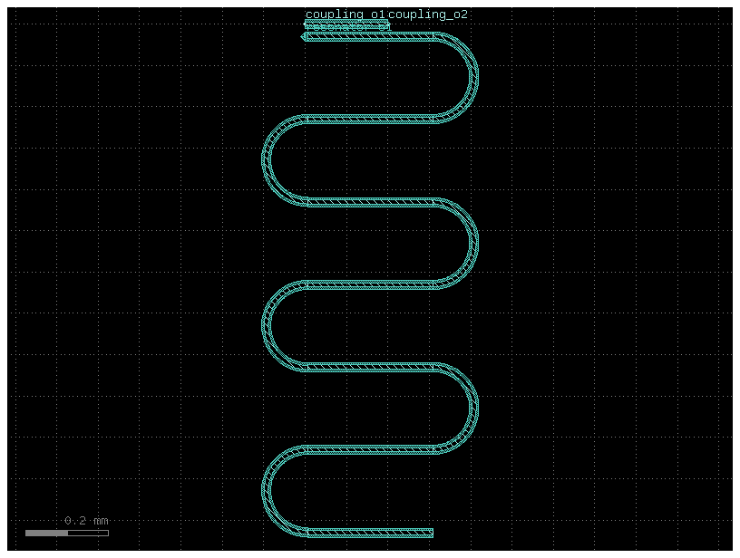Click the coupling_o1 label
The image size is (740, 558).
point(346,14)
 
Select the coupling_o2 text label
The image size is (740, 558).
point(428,14)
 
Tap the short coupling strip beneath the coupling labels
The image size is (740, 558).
point(346,26)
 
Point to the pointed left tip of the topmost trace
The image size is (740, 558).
point(303,37)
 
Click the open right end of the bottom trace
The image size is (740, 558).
point(432,533)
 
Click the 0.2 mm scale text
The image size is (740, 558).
point(86,521)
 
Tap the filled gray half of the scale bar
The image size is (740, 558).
point(46,533)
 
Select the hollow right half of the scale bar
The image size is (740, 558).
point(88,533)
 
